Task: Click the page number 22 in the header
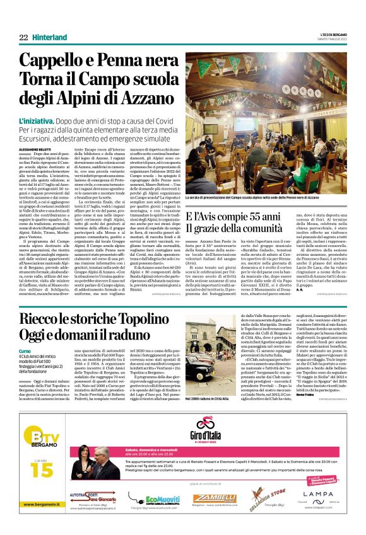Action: click(x=23, y=37)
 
